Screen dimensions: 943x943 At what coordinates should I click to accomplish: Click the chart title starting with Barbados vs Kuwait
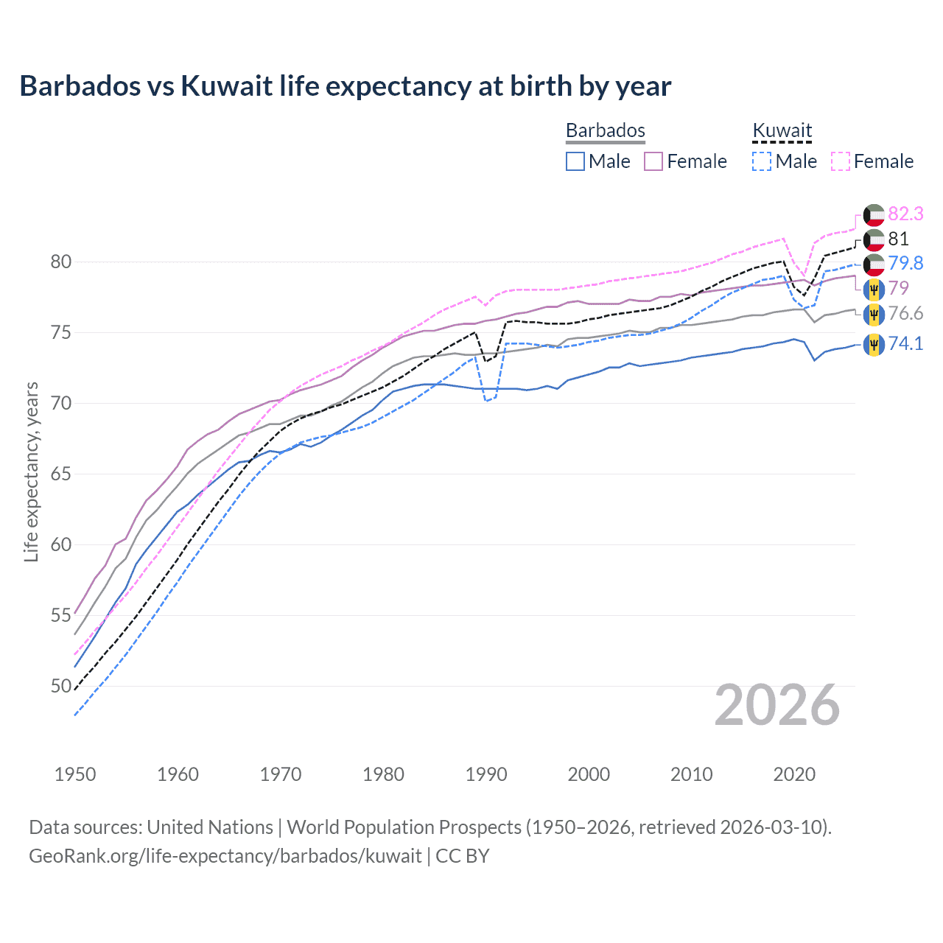(x=345, y=86)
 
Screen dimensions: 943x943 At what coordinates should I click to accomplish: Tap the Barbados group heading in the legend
(x=605, y=130)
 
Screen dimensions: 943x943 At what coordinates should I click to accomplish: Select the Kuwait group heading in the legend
(x=782, y=130)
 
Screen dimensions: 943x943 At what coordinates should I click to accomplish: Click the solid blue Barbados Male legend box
(x=575, y=161)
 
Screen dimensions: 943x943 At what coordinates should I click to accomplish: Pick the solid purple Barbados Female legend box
(x=653, y=161)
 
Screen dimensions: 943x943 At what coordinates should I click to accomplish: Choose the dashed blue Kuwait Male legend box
(x=762, y=161)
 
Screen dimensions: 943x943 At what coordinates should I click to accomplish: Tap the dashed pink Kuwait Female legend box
(x=841, y=161)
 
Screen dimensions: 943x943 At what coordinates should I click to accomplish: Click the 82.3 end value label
(x=905, y=214)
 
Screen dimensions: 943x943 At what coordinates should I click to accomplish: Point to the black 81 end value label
(x=898, y=239)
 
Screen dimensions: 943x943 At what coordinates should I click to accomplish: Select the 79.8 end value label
(x=905, y=263)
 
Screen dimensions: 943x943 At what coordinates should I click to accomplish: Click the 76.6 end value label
(x=905, y=313)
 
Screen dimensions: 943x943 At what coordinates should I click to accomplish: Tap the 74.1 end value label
(x=905, y=343)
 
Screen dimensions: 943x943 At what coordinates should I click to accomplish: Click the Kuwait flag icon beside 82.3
(x=874, y=215)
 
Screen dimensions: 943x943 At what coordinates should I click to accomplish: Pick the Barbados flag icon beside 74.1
(x=874, y=344)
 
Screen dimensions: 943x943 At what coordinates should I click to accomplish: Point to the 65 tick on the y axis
(x=61, y=474)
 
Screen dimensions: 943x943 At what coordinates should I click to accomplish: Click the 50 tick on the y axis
(x=61, y=686)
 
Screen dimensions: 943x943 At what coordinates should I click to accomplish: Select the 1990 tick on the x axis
(x=486, y=774)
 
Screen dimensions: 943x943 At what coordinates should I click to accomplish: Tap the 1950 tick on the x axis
(x=75, y=774)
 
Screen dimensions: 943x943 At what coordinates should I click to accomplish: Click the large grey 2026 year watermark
(x=777, y=706)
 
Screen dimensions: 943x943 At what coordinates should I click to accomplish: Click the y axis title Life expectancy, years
(x=32, y=471)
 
